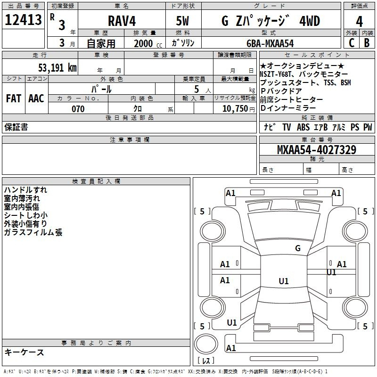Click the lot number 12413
pos(23,20)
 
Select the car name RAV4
pos(122,21)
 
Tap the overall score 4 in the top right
pos(359,22)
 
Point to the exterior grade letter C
pos(352,43)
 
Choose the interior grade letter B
pos(367,43)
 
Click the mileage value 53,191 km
pos(57,68)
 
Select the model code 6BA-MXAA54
pos(270,43)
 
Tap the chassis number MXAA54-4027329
pos(317,150)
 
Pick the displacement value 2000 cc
pos(148,43)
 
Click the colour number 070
pos(78,109)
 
